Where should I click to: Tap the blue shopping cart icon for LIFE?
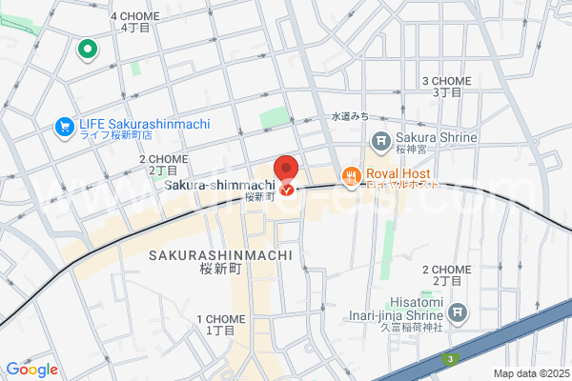[x=65, y=125]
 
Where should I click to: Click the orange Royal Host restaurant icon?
[x=352, y=175]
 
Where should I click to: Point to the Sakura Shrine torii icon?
[x=380, y=141]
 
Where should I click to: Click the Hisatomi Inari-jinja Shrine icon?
[x=459, y=311]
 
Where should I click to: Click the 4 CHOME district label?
[x=136, y=21]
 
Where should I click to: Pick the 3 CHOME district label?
[x=447, y=86]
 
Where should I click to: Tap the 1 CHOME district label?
[x=219, y=323]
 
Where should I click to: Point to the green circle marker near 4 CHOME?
[x=88, y=50]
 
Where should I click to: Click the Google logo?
[x=31, y=369]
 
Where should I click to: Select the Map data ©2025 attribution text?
[x=530, y=372]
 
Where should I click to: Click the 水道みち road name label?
[x=350, y=116]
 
